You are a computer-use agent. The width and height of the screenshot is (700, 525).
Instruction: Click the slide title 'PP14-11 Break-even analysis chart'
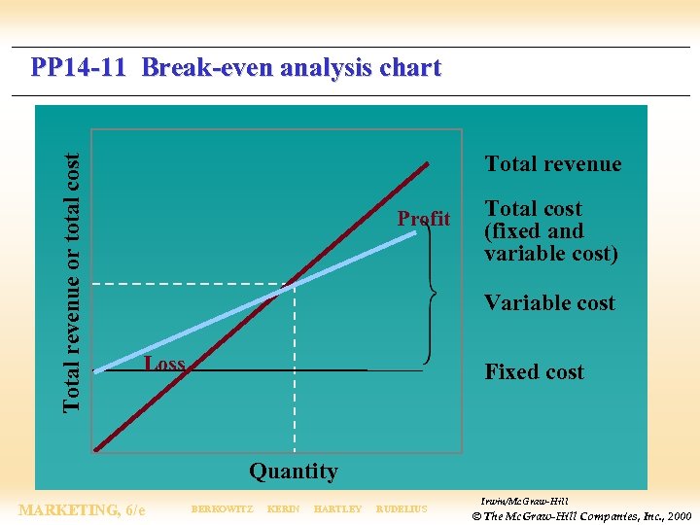(235, 69)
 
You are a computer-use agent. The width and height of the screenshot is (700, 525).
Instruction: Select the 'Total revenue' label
(552, 164)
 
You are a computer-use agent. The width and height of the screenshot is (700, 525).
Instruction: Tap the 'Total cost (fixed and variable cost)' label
(550, 231)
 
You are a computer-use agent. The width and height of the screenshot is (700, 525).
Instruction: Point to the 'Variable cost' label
(549, 303)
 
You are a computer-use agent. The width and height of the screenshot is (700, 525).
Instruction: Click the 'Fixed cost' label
(534, 372)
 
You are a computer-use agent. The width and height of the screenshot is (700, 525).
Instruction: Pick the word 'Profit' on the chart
(423, 219)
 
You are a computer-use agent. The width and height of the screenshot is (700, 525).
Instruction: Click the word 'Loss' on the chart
(163, 365)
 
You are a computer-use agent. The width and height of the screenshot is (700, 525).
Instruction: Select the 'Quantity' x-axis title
(293, 472)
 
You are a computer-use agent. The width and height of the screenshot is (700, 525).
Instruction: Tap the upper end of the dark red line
(426, 164)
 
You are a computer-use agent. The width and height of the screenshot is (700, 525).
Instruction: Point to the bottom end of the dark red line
(96, 450)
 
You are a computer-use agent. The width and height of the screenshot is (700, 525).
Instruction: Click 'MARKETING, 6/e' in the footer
(82, 509)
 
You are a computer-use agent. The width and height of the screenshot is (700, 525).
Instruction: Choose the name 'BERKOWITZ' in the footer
(222, 509)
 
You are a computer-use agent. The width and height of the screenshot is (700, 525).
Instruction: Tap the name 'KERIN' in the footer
(283, 509)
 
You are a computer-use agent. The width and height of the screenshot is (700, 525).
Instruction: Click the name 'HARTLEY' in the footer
(337, 509)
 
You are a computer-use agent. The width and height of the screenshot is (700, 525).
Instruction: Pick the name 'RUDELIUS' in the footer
(401, 509)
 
